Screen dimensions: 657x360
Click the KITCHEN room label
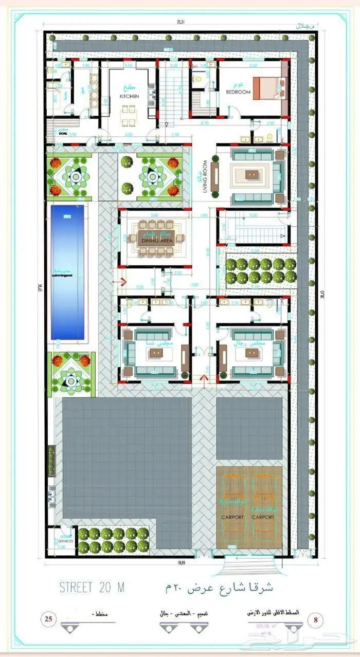pyautogui.click(x=129, y=96)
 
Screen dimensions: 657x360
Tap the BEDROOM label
pyautogui.click(x=238, y=92)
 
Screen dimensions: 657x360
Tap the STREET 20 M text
pyautogui.click(x=92, y=587)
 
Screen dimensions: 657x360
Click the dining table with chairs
pyautogui.click(x=155, y=236)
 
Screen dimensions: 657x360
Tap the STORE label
pyautogui.click(x=63, y=133)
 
